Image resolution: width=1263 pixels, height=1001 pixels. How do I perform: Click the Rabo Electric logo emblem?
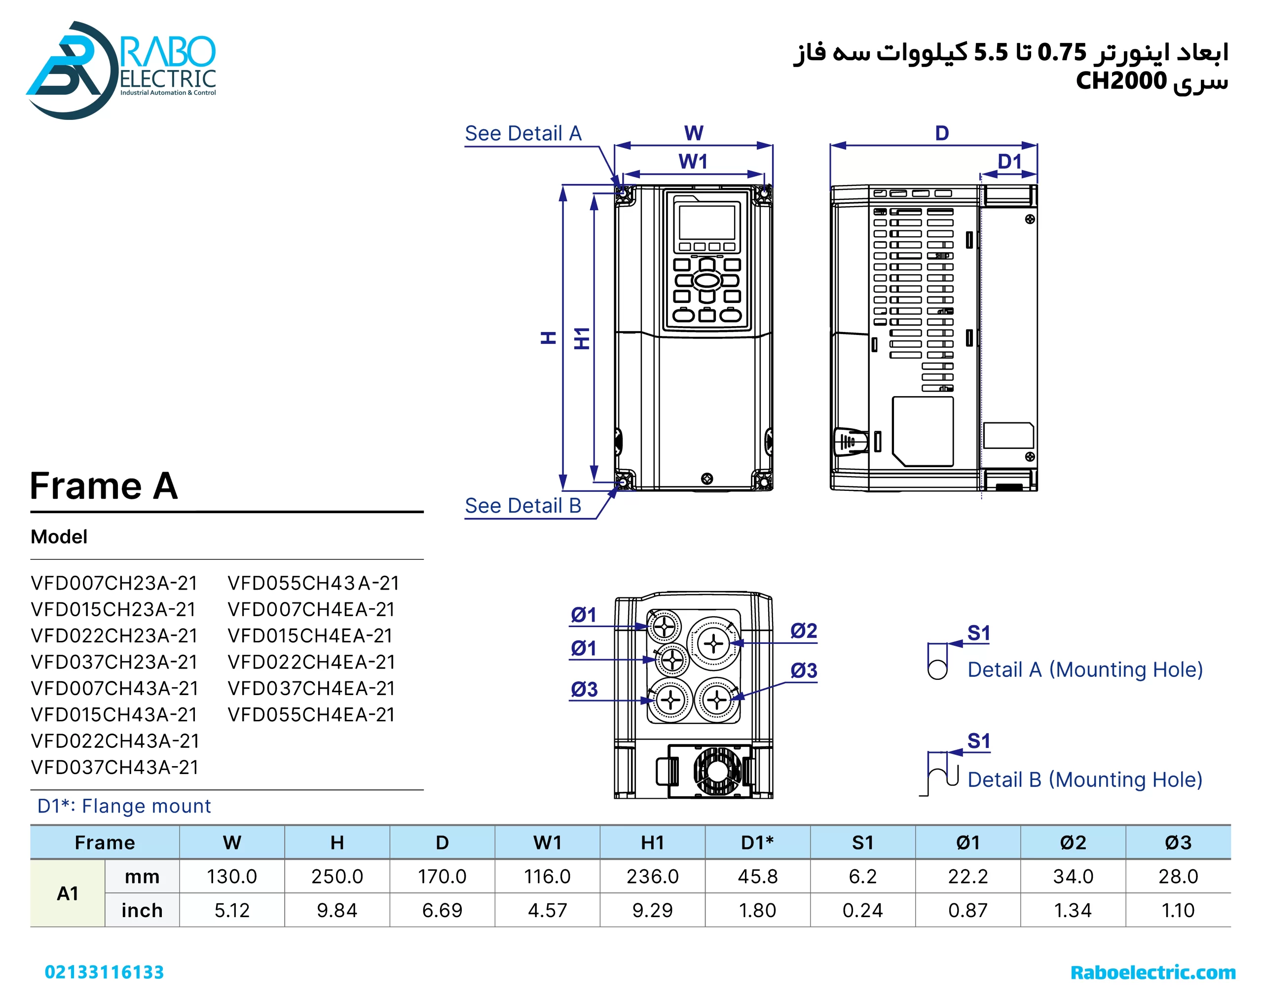(x=70, y=70)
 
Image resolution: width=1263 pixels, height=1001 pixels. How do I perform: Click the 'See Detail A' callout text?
(x=522, y=134)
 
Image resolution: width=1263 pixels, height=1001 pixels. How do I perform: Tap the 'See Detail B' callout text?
(x=522, y=506)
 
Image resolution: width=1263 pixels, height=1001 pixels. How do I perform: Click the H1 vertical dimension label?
(x=581, y=338)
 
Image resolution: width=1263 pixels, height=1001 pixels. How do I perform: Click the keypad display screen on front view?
(x=706, y=222)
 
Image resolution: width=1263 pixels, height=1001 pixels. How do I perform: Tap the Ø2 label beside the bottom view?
(x=803, y=631)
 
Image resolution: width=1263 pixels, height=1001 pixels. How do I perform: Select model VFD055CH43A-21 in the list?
(x=313, y=583)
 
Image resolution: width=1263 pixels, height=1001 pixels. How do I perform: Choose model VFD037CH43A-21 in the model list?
(x=115, y=767)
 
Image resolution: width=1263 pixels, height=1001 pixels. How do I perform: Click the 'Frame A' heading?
(x=104, y=485)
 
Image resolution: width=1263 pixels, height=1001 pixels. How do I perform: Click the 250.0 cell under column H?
(x=337, y=876)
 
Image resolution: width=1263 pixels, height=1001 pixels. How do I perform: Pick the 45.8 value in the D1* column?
(x=757, y=876)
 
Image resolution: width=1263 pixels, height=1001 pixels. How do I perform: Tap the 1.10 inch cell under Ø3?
(x=1178, y=910)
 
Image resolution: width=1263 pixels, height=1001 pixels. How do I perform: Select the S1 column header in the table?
(x=862, y=842)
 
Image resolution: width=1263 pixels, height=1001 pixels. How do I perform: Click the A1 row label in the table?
(x=68, y=893)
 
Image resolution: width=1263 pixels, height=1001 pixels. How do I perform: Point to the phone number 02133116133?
(x=104, y=972)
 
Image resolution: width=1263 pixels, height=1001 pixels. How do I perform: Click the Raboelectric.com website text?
(x=1152, y=972)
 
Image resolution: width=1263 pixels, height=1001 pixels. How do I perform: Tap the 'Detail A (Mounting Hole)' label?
(x=1085, y=669)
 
